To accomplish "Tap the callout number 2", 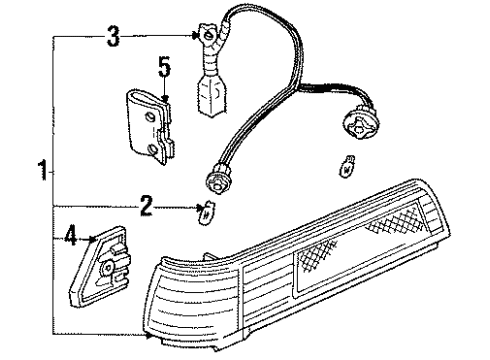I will pos(146,208).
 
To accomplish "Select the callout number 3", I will pos(113,39).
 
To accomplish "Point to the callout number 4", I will pos(70,238).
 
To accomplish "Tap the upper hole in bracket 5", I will pos(146,116).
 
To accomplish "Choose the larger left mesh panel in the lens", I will pos(325,263).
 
